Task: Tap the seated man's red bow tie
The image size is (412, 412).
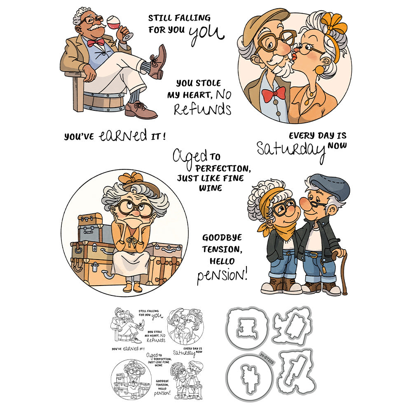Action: pyautogui.click(x=95, y=42)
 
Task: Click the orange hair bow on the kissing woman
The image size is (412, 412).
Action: pyautogui.click(x=334, y=23)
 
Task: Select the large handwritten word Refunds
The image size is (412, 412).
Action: pyautogui.click(x=202, y=110)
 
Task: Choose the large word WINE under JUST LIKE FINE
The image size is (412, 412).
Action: pyautogui.click(x=211, y=188)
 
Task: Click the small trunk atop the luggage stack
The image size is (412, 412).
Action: pyautogui.click(x=90, y=219)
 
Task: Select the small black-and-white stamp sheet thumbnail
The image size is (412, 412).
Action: pyautogui.click(x=158, y=353)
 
